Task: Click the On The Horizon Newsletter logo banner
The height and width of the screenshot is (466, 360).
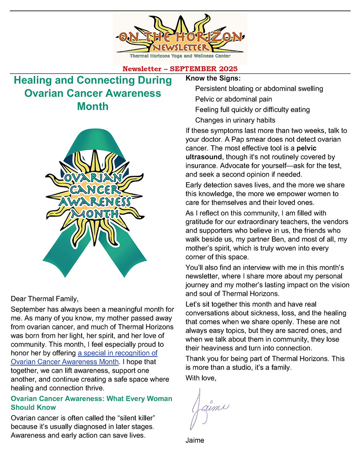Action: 180,38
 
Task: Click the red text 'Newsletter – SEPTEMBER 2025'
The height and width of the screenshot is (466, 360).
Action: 180,69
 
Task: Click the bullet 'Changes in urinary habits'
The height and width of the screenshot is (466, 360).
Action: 235,120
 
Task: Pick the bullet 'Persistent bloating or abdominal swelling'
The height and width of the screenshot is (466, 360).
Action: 259,88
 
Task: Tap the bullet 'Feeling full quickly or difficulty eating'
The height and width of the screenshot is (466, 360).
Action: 252,109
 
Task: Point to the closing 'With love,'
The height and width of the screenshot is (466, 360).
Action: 200,377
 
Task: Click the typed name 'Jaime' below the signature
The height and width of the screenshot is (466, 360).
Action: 194,440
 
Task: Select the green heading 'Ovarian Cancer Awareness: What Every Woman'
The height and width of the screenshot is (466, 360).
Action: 91,398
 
